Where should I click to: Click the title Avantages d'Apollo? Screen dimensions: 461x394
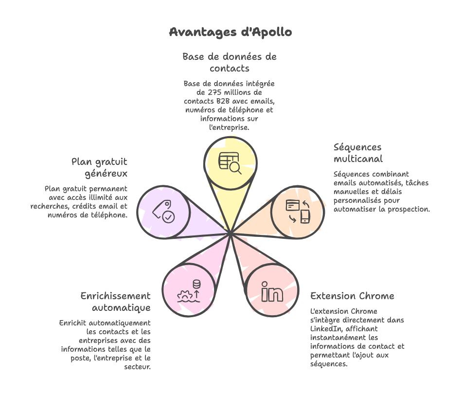pyautogui.click(x=230, y=32)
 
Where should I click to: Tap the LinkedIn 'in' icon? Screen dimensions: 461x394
pyautogui.click(x=272, y=291)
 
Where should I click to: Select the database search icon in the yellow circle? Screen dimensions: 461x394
pyautogui.click(x=230, y=162)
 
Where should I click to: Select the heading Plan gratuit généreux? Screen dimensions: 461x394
pyautogui.click(x=100, y=167)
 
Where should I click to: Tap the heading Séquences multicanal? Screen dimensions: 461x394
pyautogui.click(x=358, y=153)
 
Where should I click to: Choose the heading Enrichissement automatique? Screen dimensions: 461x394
pyautogui.click(x=116, y=302)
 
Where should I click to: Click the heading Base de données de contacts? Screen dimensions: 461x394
pyautogui.click(x=230, y=62)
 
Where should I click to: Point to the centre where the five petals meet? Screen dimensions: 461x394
pyautogui.click(x=230, y=235)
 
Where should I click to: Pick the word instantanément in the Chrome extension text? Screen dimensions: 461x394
pyautogui.click(x=335, y=338)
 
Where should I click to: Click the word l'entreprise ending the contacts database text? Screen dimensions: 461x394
pyautogui.click(x=229, y=127)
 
